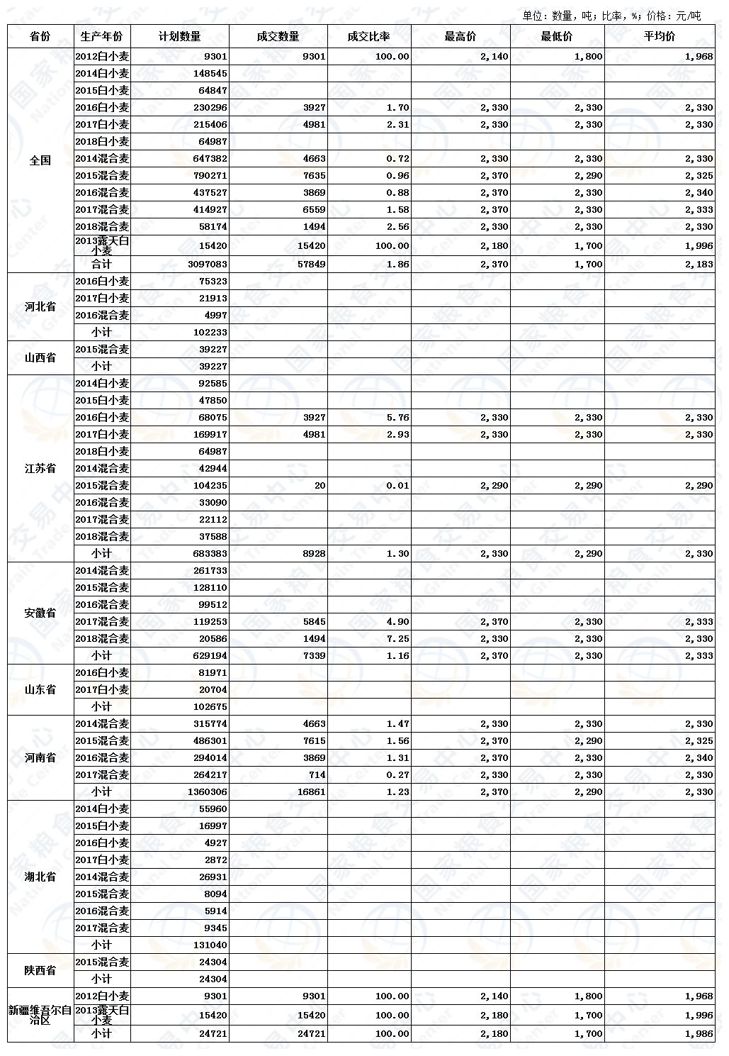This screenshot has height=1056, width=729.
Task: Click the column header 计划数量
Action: (x=179, y=36)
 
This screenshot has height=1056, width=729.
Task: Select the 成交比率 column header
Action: (x=368, y=36)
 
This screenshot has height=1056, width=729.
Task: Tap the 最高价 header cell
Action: (x=460, y=36)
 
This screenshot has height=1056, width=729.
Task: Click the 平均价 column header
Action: (x=659, y=36)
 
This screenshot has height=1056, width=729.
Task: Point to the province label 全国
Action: (x=40, y=160)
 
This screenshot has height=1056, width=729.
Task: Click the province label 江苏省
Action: (x=40, y=468)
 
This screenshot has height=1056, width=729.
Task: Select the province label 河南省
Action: (x=40, y=757)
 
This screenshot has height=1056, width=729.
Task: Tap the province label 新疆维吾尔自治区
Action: (x=40, y=1015)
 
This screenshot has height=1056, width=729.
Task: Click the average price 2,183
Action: (x=699, y=265)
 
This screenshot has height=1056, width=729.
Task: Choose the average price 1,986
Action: (x=699, y=1034)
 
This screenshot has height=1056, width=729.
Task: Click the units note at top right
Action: (x=611, y=16)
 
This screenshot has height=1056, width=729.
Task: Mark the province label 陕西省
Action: (x=40, y=970)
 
